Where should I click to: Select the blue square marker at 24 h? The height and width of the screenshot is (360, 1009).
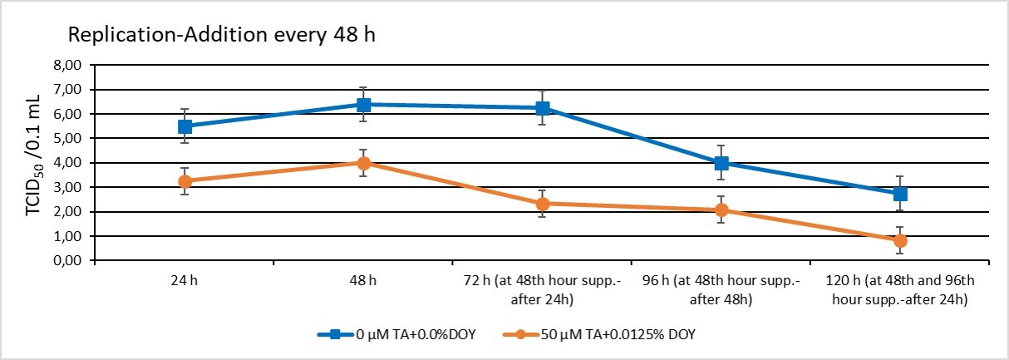(x=185, y=126)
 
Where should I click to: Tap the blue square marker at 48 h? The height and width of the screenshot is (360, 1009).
(x=363, y=105)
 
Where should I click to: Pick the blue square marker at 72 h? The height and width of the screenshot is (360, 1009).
(x=542, y=108)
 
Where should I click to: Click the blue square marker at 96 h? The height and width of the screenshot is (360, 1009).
(x=721, y=163)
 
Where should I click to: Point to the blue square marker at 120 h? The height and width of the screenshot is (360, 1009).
(x=900, y=194)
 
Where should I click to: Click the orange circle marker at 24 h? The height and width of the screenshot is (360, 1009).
(x=185, y=181)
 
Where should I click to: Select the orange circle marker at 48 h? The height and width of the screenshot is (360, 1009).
(x=363, y=163)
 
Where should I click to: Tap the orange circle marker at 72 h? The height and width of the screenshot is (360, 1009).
(x=542, y=204)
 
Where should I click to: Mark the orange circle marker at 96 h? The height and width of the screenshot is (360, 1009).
(x=721, y=210)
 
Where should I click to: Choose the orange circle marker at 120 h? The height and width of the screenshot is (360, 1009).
(x=900, y=241)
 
